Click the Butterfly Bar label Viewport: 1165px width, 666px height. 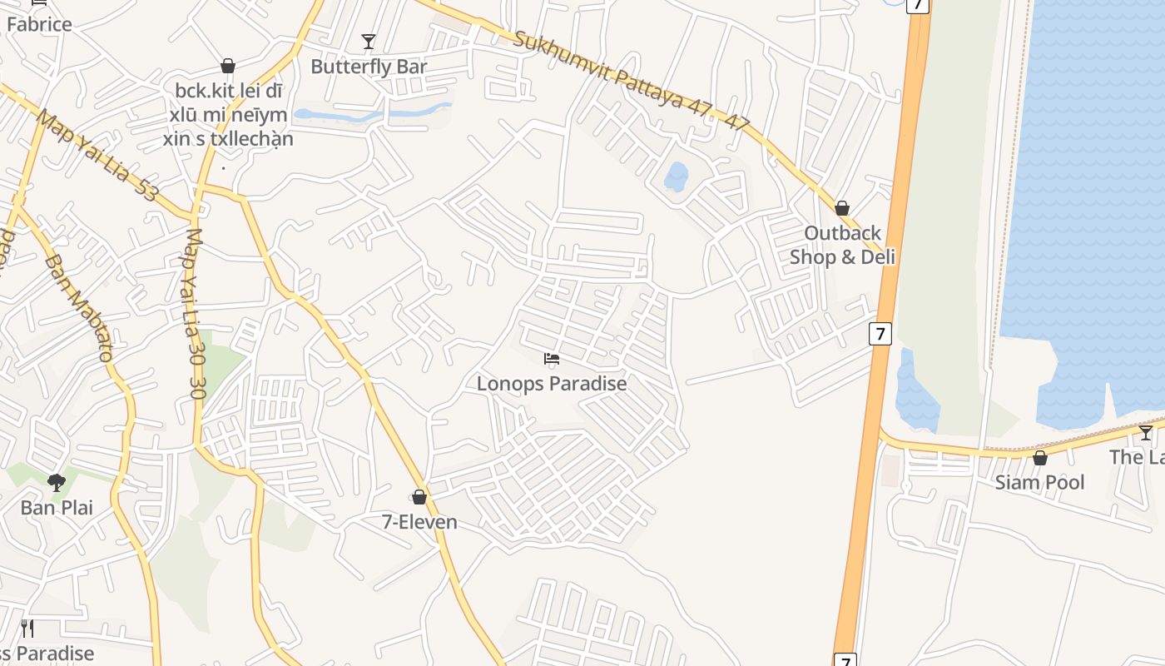[369, 67]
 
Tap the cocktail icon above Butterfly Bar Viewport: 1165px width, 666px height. [369, 41]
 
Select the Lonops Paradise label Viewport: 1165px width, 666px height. [552, 384]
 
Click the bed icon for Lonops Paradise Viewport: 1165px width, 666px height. [551, 359]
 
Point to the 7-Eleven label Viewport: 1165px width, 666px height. [419, 522]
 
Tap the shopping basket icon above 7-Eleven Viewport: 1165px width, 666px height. [419, 497]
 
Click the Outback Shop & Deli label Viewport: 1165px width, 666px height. [842, 245]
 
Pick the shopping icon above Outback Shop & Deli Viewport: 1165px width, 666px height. [842, 208]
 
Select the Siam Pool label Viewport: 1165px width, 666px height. [1040, 482]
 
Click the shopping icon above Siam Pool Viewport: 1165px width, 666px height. [1040, 458]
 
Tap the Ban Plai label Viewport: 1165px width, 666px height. [57, 507]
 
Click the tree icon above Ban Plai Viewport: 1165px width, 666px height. [57, 482]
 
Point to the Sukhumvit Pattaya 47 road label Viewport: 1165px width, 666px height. [632, 82]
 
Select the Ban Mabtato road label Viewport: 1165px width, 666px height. [79, 308]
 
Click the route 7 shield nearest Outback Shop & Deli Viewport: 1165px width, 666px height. [880, 334]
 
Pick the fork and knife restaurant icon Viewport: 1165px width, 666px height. [27, 629]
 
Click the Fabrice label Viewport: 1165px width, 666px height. [39, 24]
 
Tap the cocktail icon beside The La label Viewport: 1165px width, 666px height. [1146, 432]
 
